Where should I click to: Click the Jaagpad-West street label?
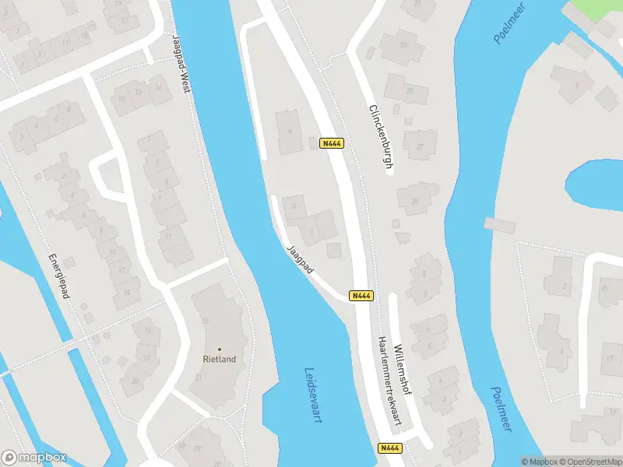[181, 64]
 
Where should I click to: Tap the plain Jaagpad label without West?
[300, 259]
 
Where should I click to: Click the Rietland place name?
[219, 360]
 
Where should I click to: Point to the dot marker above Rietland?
[219, 349]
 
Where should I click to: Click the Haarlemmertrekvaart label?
[392, 381]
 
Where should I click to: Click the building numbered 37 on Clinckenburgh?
[421, 146]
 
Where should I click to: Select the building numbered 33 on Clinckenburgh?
[403, 44]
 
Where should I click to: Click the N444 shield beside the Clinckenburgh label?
[331, 143]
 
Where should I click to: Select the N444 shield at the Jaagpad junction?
[361, 296]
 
